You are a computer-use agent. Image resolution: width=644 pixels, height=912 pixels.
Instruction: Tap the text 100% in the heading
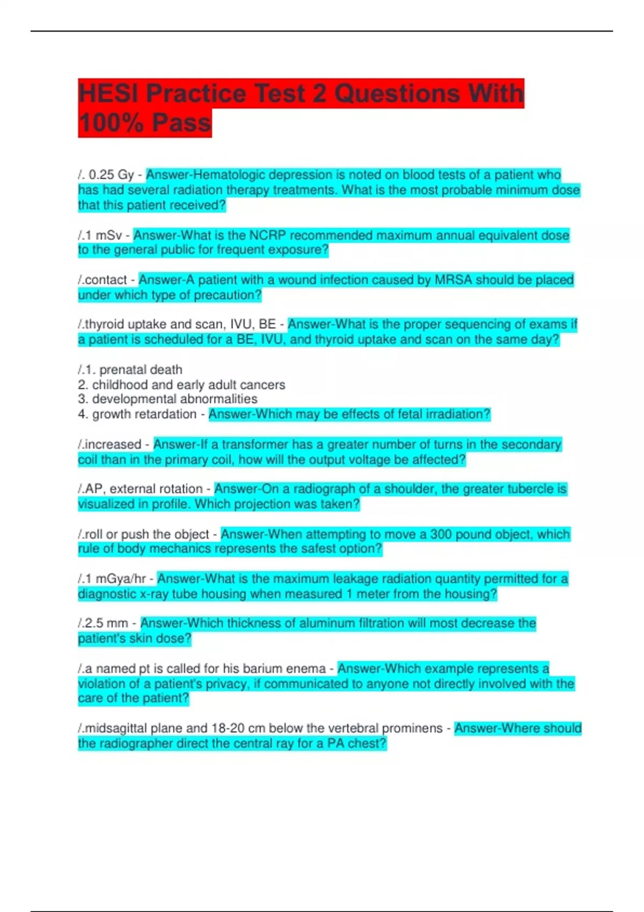111,123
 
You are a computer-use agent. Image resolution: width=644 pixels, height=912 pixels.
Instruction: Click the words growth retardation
144,414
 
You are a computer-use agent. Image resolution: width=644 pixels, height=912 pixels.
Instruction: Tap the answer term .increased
110,445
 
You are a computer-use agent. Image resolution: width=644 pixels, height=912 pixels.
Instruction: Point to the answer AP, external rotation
141,489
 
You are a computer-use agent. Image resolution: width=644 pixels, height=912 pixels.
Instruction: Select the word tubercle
531,489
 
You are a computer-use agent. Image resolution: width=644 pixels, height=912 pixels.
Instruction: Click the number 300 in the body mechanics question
441,534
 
